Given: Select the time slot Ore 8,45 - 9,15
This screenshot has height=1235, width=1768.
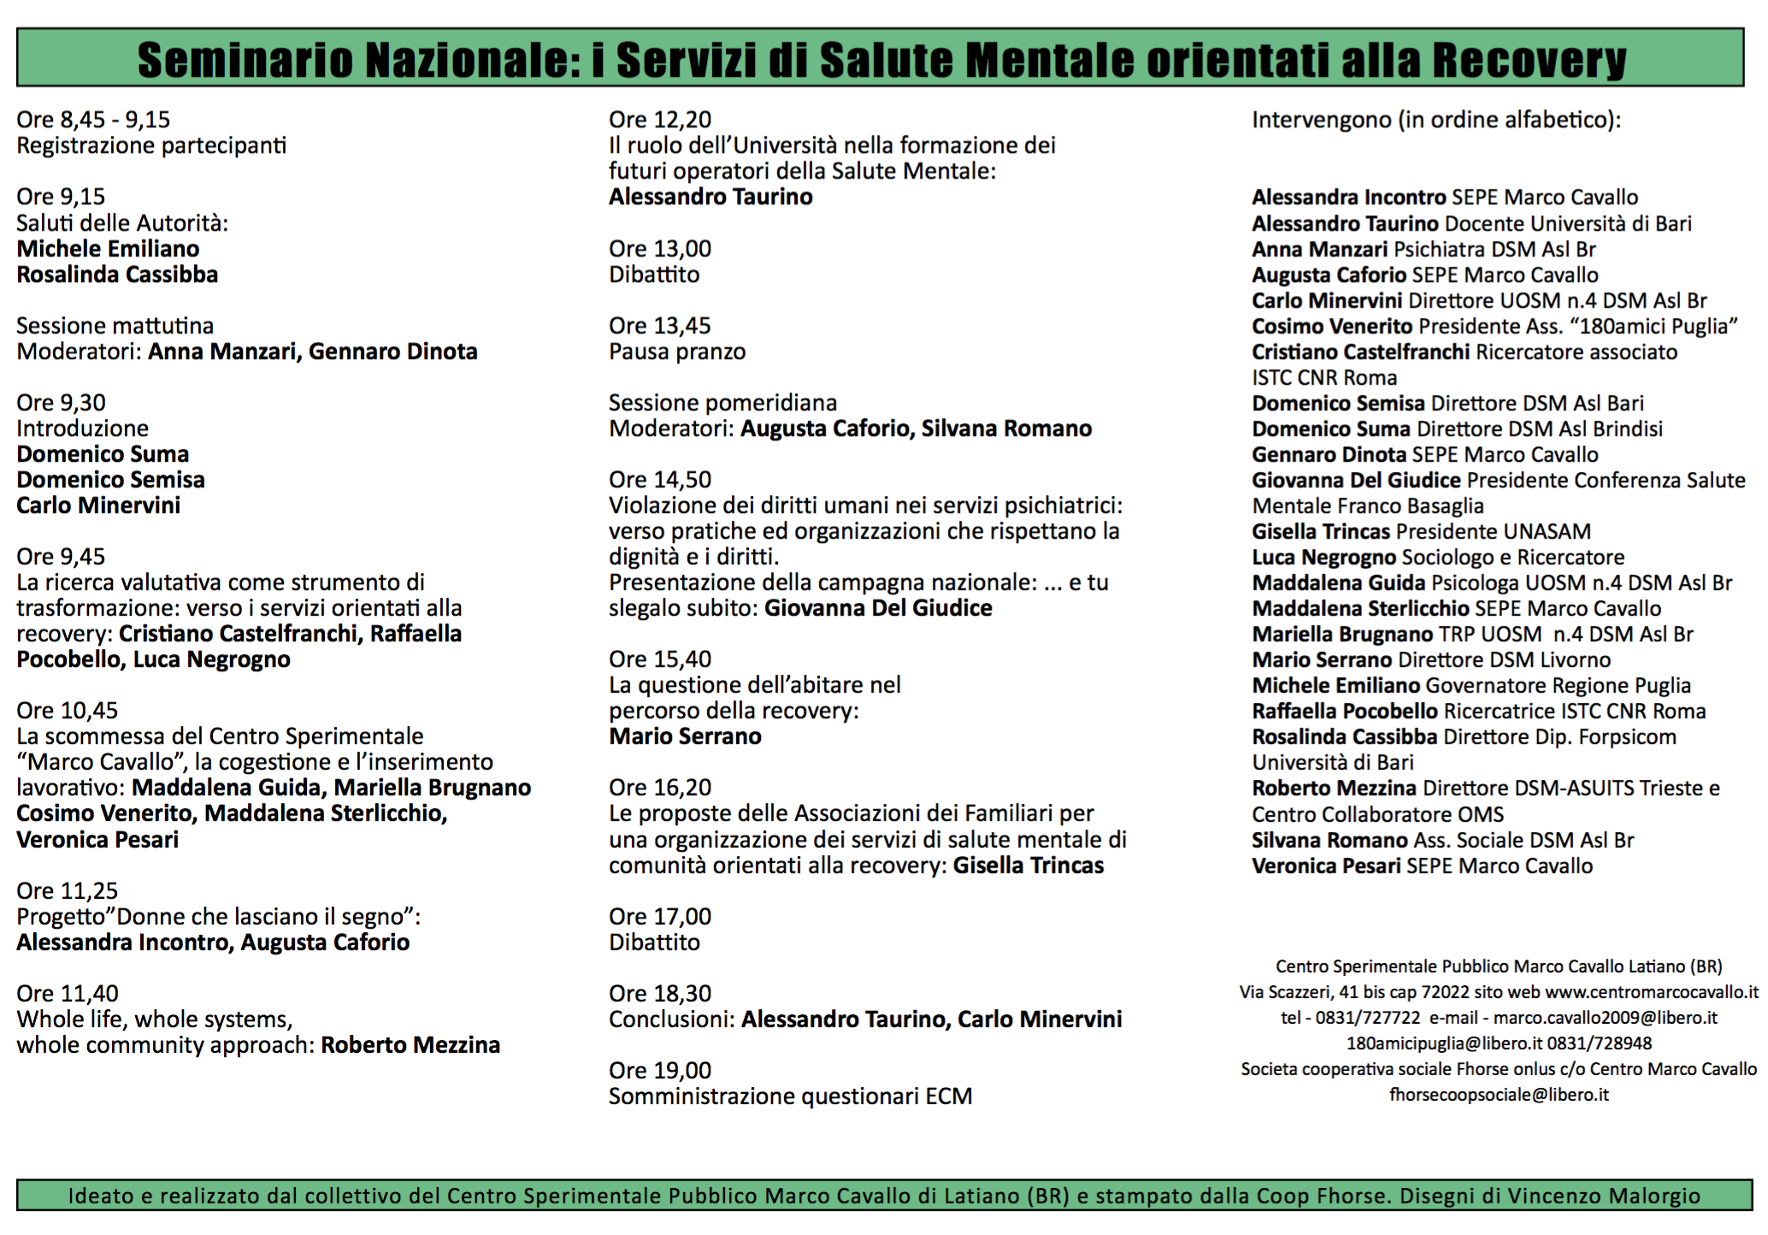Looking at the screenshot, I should click(x=93, y=120).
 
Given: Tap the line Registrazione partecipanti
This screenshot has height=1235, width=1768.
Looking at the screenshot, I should click(x=151, y=145).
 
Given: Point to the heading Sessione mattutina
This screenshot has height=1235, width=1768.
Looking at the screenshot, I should click(x=115, y=326).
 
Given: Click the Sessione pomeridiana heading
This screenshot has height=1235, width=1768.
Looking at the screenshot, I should click(x=722, y=403).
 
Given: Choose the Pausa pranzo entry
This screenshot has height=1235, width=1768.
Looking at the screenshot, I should click(x=677, y=352).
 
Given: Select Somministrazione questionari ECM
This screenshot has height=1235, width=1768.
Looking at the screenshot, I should click(x=790, y=1096).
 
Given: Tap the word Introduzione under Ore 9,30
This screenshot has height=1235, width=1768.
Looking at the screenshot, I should click(x=82, y=428).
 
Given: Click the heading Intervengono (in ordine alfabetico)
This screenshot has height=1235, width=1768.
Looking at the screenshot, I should click(x=1436, y=120).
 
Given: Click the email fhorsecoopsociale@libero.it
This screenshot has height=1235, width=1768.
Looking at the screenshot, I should click(x=1499, y=1096).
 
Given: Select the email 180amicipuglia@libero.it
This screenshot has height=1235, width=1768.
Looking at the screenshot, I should click(x=1444, y=1044).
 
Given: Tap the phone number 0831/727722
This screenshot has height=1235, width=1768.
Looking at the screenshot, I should click(x=1368, y=1019).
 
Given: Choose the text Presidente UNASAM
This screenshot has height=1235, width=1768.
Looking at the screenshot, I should click(x=1494, y=532).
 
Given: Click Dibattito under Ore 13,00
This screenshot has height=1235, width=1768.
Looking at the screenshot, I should click(x=654, y=275).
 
